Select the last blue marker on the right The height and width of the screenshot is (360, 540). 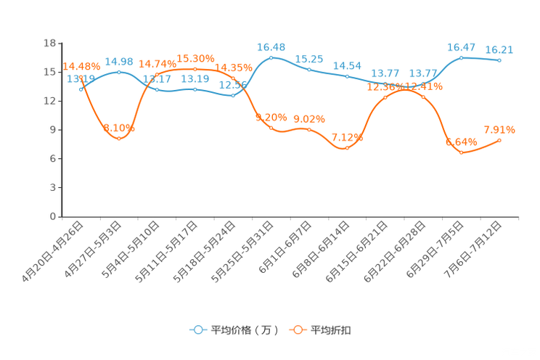click(x=499, y=61)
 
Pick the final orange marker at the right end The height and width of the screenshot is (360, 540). click(x=499, y=140)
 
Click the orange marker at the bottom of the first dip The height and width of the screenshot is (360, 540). click(x=119, y=138)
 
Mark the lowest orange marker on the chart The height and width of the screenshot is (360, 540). click(x=462, y=153)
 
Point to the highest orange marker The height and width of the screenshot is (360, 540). click(x=195, y=69)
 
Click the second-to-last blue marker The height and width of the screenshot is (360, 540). click(x=462, y=57)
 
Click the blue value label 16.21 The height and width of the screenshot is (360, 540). click(x=499, y=50)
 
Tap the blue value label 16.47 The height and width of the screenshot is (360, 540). click(x=462, y=47)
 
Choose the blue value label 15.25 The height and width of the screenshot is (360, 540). click(x=309, y=58)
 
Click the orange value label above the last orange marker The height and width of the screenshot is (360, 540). click(x=499, y=130)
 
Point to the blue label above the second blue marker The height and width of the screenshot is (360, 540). click(x=119, y=62)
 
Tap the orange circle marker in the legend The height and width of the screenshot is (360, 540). click(x=298, y=330)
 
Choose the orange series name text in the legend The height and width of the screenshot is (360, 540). click(x=332, y=330)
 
